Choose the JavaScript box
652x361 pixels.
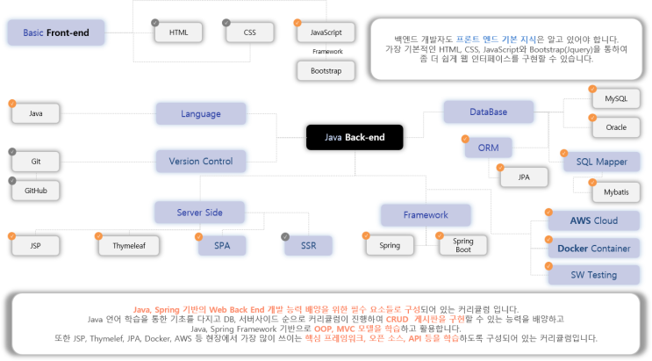coord(326,32)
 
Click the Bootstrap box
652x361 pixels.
coord(326,69)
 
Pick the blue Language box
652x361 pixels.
coord(201,114)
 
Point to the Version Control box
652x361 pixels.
coord(201,162)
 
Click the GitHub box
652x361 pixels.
coord(36,191)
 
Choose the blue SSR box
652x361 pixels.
coord(308,245)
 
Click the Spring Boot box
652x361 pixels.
coord(456,244)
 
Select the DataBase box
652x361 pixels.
coord(487,112)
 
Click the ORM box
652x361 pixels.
coord(482,148)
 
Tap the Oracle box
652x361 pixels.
coord(610,127)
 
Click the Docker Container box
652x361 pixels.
coord(593,248)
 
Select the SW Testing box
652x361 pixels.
coord(593,275)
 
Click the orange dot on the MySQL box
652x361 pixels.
coord(589,90)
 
